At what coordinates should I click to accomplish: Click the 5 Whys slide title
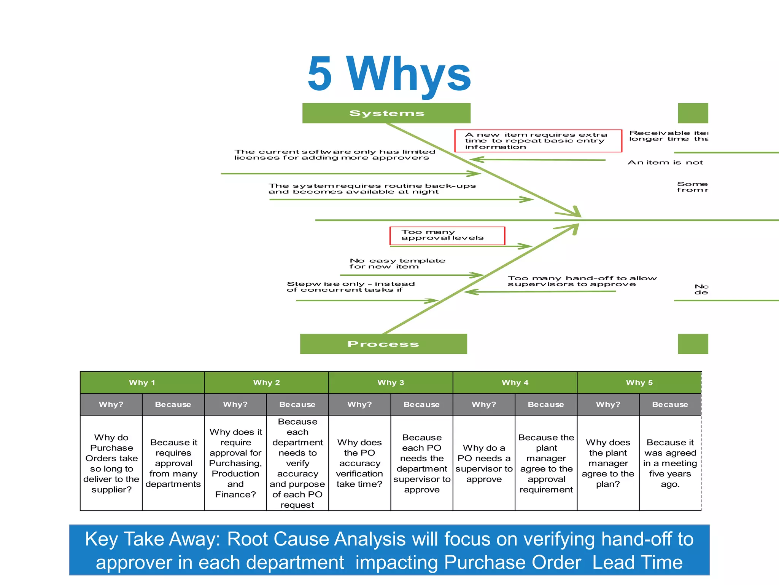pos(389,74)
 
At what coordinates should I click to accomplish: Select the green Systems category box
pos(386,113)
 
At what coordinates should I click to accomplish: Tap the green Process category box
pos(383,344)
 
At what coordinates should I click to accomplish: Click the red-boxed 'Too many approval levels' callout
pos(447,235)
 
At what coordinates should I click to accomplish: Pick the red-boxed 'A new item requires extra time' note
pos(538,141)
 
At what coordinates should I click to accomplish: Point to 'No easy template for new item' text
pos(397,264)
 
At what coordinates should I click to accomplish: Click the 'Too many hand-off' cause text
pos(582,281)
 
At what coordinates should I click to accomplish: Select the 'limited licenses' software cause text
pos(334,155)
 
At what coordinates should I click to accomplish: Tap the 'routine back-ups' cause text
pos(372,189)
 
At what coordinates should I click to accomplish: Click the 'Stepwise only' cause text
pos(350,287)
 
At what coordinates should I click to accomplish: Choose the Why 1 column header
pos(142,382)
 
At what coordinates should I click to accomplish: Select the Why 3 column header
pos(391,382)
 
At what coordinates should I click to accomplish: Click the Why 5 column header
pos(639,382)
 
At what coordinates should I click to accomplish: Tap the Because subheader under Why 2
pos(297,404)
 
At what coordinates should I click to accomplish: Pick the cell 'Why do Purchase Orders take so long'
pos(111,463)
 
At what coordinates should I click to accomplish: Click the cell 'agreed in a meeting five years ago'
pos(670,463)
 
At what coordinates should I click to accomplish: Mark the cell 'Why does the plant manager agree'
pos(608,463)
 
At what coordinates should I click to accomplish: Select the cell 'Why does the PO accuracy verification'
pos(359,463)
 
